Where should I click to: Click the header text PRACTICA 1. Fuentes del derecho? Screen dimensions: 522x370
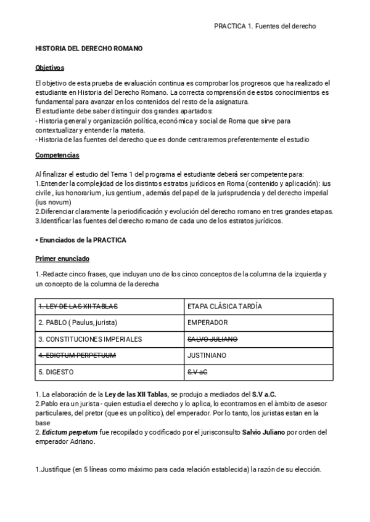pyautogui.click(x=265, y=26)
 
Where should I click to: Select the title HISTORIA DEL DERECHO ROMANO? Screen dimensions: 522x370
pyautogui.click(x=89, y=48)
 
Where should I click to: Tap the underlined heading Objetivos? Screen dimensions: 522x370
pyautogui.click(x=50, y=68)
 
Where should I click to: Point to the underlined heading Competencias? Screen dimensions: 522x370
pyautogui.click(x=57, y=155)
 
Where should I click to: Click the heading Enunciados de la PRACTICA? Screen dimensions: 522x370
pyautogui.click(x=81, y=239)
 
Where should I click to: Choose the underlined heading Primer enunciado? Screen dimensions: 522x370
pyautogui.click(x=62, y=259)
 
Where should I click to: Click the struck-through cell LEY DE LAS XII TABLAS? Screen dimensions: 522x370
pyautogui.click(x=78, y=306)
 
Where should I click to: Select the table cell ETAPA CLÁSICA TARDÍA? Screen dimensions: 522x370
pyautogui.click(x=224, y=306)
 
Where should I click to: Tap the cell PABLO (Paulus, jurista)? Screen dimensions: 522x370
pyautogui.click(x=78, y=323)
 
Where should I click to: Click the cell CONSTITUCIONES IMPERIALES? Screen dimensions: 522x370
pyautogui.click(x=90, y=339)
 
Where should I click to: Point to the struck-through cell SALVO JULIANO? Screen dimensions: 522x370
pyautogui.click(x=212, y=339)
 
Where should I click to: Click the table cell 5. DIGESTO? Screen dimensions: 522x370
pyautogui.click(x=59, y=372)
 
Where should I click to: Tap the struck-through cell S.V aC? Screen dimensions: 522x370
pyautogui.click(x=197, y=372)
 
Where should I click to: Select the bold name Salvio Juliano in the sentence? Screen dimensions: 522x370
pyautogui.click(x=259, y=433)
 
